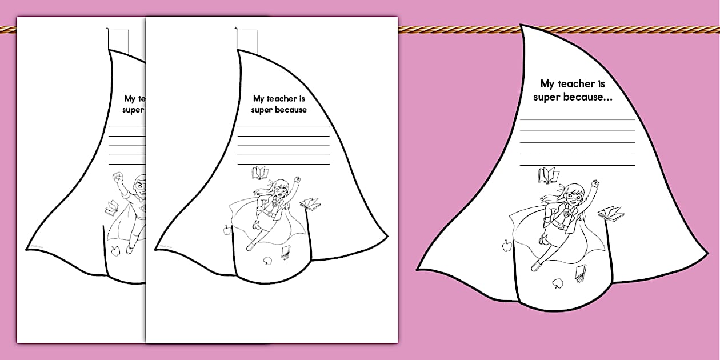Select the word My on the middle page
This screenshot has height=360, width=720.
click(259, 99)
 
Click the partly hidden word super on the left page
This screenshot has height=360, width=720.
click(133, 110)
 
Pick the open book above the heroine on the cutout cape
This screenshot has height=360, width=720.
click(549, 175)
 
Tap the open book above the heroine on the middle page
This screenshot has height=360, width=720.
click(260, 173)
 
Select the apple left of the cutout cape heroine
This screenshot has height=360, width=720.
click(507, 246)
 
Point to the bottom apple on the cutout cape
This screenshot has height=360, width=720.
click(558, 283)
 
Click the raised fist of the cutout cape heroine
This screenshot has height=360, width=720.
click(595, 184)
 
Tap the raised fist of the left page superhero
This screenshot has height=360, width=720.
click(119, 177)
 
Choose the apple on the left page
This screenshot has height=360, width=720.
click(115, 251)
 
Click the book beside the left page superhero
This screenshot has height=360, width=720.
click(112, 207)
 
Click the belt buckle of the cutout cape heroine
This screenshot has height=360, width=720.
click(561, 226)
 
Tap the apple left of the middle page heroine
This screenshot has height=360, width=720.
click(227, 230)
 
